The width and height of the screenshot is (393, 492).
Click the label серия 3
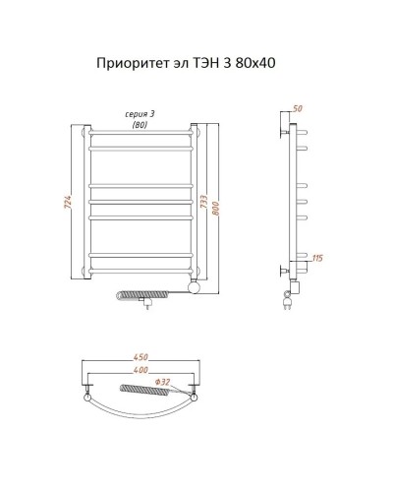(141, 115)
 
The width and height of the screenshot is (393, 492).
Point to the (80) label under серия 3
(141, 125)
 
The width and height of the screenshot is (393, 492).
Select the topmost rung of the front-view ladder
(142, 133)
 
